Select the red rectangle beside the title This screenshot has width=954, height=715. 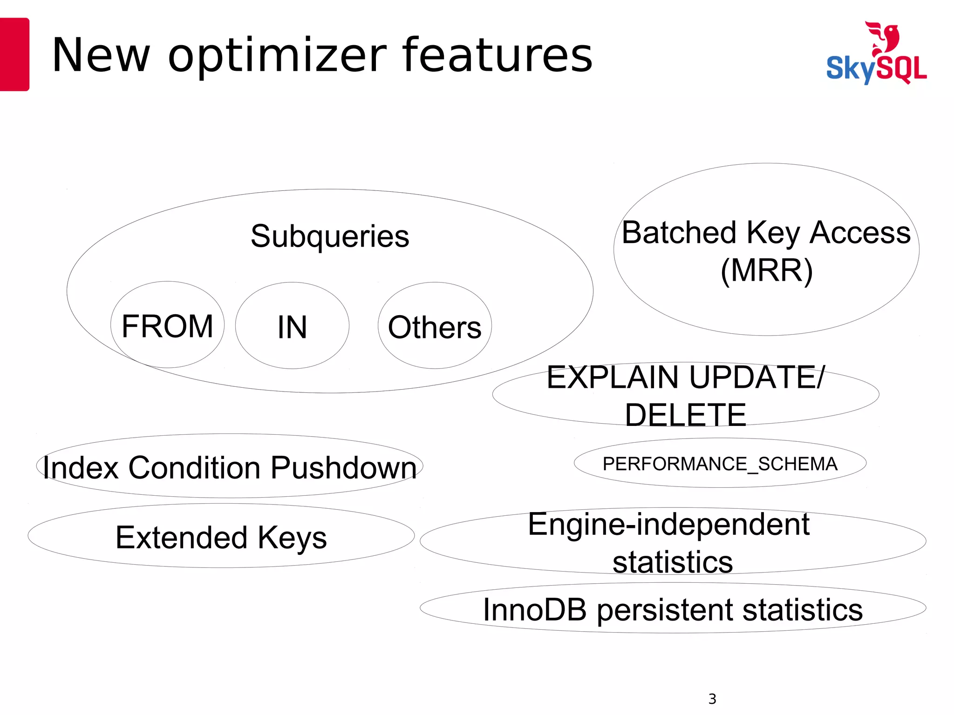click(14, 54)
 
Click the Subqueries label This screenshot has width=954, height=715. click(330, 236)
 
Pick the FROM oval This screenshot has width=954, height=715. click(167, 325)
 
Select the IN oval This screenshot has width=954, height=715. click(292, 326)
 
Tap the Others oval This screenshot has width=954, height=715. click(435, 326)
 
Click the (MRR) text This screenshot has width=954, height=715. click(766, 270)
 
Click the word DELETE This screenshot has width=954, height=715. click(685, 415)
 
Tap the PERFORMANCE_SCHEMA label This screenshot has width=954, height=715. click(720, 464)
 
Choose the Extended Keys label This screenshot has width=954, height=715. click(221, 537)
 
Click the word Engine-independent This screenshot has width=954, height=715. click(668, 525)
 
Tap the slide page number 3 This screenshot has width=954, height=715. click(712, 699)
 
